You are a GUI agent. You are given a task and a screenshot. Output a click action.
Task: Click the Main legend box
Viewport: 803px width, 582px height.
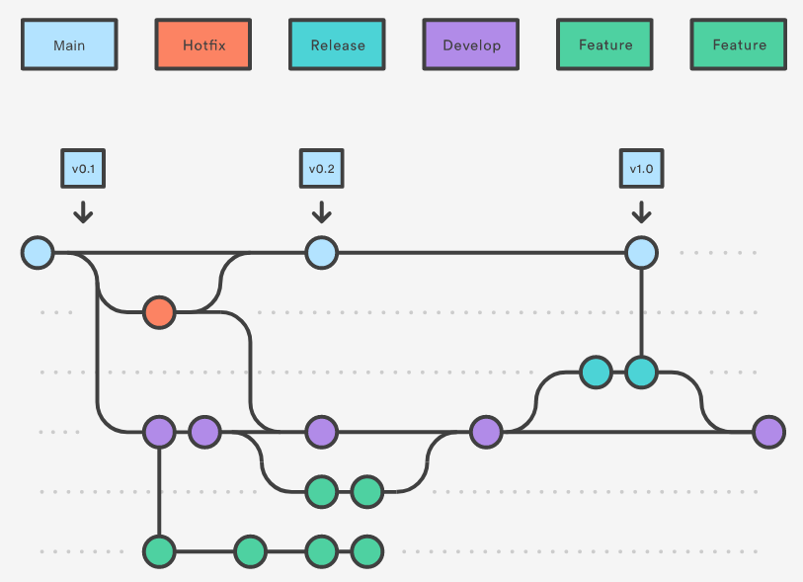[x=69, y=44]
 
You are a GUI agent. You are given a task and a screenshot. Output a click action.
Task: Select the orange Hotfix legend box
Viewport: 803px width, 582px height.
[x=203, y=44]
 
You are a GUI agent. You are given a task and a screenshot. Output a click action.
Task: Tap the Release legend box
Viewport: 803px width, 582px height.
[x=337, y=44]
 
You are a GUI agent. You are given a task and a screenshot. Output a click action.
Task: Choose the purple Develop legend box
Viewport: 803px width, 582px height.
[x=470, y=44]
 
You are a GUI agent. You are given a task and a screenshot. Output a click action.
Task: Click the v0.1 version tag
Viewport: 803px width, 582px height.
[x=83, y=169]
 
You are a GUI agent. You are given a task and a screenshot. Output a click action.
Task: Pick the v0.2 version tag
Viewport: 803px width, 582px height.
[x=322, y=169]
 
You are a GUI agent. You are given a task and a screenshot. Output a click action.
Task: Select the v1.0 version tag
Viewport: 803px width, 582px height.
[x=642, y=169]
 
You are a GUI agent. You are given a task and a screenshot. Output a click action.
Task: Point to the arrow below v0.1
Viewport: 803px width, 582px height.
[x=83, y=212]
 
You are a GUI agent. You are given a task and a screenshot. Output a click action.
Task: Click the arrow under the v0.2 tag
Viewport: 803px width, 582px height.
[x=322, y=212]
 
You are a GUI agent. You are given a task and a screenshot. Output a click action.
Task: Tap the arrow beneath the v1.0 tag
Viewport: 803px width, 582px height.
[x=642, y=212]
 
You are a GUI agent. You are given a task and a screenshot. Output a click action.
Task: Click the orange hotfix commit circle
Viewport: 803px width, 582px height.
[x=159, y=312]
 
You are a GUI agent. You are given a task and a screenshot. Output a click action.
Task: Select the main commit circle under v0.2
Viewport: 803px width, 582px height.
[x=322, y=253]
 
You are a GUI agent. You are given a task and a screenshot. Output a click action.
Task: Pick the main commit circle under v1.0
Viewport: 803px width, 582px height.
[x=642, y=253]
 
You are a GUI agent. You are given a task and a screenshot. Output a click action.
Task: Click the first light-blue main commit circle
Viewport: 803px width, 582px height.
[x=38, y=253]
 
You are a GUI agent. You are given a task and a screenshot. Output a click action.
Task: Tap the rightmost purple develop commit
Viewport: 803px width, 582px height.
[x=769, y=432]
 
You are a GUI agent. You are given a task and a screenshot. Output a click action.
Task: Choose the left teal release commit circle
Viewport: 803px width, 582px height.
[x=597, y=372]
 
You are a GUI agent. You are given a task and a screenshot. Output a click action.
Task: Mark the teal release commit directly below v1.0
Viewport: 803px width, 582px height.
[x=642, y=372]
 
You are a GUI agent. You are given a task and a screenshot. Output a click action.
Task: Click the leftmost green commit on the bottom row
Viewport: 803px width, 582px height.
[x=159, y=551]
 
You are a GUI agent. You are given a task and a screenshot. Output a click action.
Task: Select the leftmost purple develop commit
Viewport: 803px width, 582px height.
[x=159, y=432]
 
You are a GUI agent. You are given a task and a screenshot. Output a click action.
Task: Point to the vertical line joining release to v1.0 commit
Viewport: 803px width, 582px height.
[x=642, y=312]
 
